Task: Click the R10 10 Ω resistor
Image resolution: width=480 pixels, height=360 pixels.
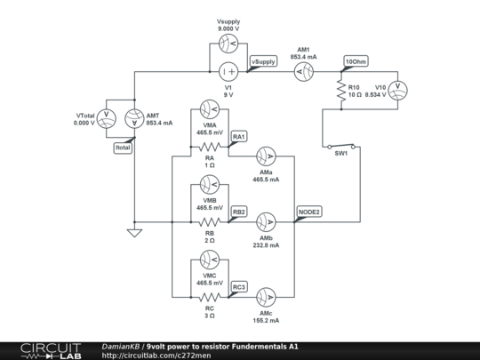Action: tap(340, 90)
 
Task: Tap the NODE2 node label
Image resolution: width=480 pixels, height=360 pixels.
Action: tap(308, 212)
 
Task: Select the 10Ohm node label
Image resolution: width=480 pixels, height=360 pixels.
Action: tap(355, 61)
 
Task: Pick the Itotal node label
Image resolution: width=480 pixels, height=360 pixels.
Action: tap(123, 148)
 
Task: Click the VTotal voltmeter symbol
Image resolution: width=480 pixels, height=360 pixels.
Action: tap(107, 118)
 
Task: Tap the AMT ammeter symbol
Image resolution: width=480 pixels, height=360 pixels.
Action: tap(134, 118)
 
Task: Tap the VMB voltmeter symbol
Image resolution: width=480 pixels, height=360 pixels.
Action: tap(210, 186)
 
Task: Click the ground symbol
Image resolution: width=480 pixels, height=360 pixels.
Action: tap(134, 233)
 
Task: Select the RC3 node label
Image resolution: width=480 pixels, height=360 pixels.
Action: tap(239, 288)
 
